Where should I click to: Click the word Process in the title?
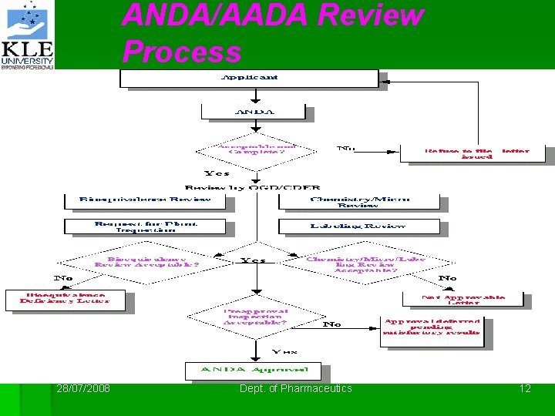coord(182,52)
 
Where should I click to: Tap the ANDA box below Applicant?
coord(254,112)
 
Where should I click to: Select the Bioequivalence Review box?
coord(146,200)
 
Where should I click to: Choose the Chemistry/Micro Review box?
coord(359,201)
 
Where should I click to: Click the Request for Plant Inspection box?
coord(146,226)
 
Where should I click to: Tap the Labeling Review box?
coord(359,226)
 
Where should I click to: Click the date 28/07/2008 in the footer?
coord(83,389)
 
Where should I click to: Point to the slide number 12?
coord(525,389)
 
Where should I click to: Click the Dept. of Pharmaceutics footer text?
coord(295,389)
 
